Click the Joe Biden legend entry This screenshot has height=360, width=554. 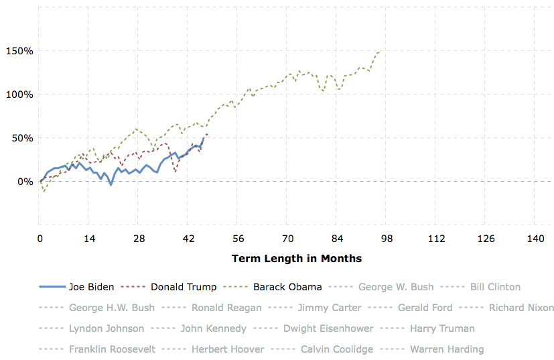click(x=91, y=287)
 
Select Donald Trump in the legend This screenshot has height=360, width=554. click(x=184, y=287)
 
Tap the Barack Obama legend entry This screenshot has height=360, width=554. click(x=287, y=287)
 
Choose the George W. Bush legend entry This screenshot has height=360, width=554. click(x=396, y=287)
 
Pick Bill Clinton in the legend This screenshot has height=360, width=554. click(x=495, y=287)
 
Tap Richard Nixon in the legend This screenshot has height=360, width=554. click(x=521, y=308)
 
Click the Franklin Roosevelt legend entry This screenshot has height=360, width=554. click(x=112, y=349)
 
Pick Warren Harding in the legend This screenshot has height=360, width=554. click(x=447, y=349)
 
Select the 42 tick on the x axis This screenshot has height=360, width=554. click(x=188, y=239)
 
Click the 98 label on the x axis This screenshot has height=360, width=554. click(x=387, y=239)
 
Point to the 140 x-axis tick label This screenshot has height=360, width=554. click(x=535, y=239)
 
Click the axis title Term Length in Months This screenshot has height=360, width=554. click(x=296, y=258)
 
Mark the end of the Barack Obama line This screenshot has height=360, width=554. click(x=379, y=52)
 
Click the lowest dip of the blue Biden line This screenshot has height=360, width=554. click(x=111, y=184)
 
